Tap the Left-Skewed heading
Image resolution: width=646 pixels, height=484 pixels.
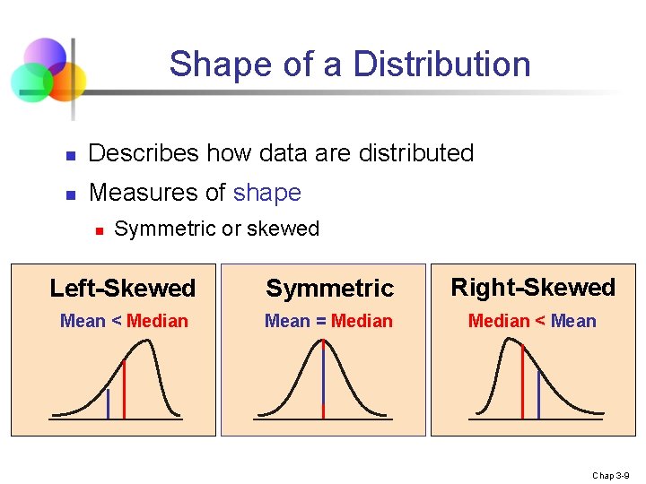tap(122, 289)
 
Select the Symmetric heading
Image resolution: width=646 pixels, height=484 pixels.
tap(329, 289)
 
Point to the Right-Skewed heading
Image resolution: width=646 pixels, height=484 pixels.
tap(533, 288)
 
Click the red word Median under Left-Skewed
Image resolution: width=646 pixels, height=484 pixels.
tap(157, 321)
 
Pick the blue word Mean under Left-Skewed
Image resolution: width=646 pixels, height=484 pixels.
tap(83, 321)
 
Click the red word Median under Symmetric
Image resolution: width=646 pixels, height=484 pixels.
tap(362, 321)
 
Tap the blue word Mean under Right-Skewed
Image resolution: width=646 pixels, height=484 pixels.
tap(574, 321)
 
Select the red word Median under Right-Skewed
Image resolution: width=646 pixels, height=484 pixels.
tap(499, 321)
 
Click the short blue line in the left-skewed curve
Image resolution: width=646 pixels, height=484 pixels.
tap(108, 403)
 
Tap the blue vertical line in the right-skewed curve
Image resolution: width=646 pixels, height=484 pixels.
tap(538, 394)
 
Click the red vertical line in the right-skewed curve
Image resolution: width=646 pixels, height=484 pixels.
tap(522, 381)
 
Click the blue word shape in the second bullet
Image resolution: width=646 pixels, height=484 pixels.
tap(266, 193)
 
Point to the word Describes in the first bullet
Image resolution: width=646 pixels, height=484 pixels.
tap(144, 153)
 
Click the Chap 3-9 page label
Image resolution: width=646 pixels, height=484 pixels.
tap(615, 475)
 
